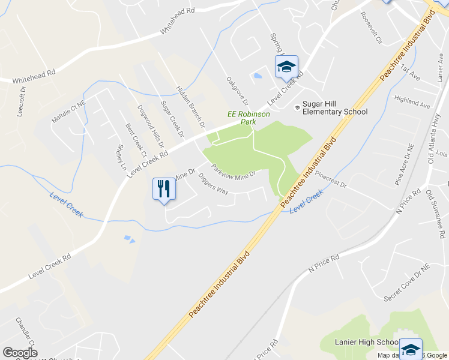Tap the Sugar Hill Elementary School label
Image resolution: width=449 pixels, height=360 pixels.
[x=334, y=107]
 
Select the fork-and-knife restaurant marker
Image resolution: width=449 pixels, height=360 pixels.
[x=163, y=190]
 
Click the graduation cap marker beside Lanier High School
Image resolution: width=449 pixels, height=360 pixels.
[x=411, y=349]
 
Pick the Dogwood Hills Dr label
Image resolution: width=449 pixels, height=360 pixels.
[x=151, y=127]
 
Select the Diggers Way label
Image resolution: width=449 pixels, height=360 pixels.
[x=213, y=184]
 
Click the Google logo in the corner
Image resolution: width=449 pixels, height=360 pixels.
[x=20, y=352]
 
